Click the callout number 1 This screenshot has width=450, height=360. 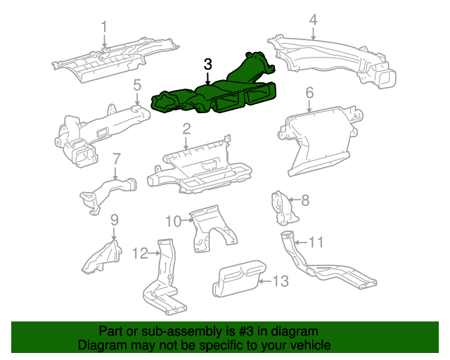pyautogui.click(x=104, y=27)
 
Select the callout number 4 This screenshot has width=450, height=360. pyautogui.click(x=313, y=19)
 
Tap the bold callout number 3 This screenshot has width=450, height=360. pyautogui.click(x=207, y=64)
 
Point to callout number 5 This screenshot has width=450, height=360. pyautogui.click(x=137, y=86)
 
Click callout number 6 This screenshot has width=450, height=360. pyautogui.click(x=309, y=92)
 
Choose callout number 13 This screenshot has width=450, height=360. pyautogui.click(x=280, y=281)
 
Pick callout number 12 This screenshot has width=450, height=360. pyautogui.click(x=140, y=252)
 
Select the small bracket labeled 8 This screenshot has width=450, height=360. pyautogui.click(x=282, y=206)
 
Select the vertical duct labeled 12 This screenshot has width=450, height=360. pyautogui.click(x=165, y=281)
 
